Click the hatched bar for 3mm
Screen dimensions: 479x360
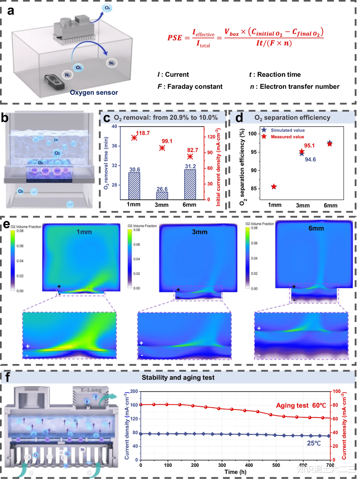point(162,196)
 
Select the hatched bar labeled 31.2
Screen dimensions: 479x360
point(190,184)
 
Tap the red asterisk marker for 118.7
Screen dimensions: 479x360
point(134,138)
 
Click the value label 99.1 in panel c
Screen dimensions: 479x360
point(167,141)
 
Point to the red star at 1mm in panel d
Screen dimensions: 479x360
point(274,187)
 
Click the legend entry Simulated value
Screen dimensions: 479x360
point(287,130)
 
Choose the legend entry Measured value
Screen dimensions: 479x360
point(287,137)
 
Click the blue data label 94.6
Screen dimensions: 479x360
point(310,160)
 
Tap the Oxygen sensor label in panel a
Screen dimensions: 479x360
point(94,93)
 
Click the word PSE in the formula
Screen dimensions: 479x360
point(175,38)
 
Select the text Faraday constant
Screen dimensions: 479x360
point(195,87)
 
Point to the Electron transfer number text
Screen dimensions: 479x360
point(299,87)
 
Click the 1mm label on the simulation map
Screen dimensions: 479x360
point(84,232)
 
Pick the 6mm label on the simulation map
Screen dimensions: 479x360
point(316,228)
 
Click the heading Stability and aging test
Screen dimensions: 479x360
point(178,378)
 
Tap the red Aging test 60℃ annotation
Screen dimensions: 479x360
point(301,406)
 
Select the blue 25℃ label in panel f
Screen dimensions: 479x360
point(313,443)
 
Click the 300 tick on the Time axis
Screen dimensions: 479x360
point(222,465)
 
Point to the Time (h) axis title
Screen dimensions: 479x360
point(235,472)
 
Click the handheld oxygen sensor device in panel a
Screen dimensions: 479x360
point(54,82)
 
